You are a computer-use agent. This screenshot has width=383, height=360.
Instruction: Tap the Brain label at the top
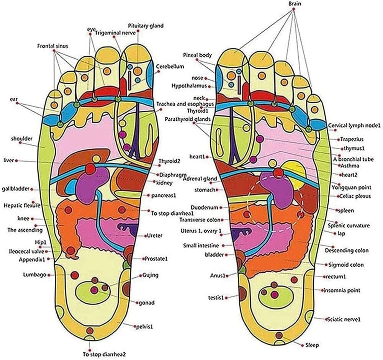coord(295,4)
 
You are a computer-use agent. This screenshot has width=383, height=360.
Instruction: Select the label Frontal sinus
coord(53,46)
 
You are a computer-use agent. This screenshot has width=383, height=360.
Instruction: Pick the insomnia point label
coord(342,290)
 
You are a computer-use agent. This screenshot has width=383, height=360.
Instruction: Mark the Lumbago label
coord(34,275)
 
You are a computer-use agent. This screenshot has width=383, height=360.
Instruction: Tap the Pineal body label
coord(197,55)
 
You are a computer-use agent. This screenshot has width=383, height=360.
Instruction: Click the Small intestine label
coord(201,245)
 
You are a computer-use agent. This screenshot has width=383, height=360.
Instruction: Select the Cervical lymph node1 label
coord(354,126)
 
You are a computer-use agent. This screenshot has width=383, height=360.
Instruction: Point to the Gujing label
coord(150,275)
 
